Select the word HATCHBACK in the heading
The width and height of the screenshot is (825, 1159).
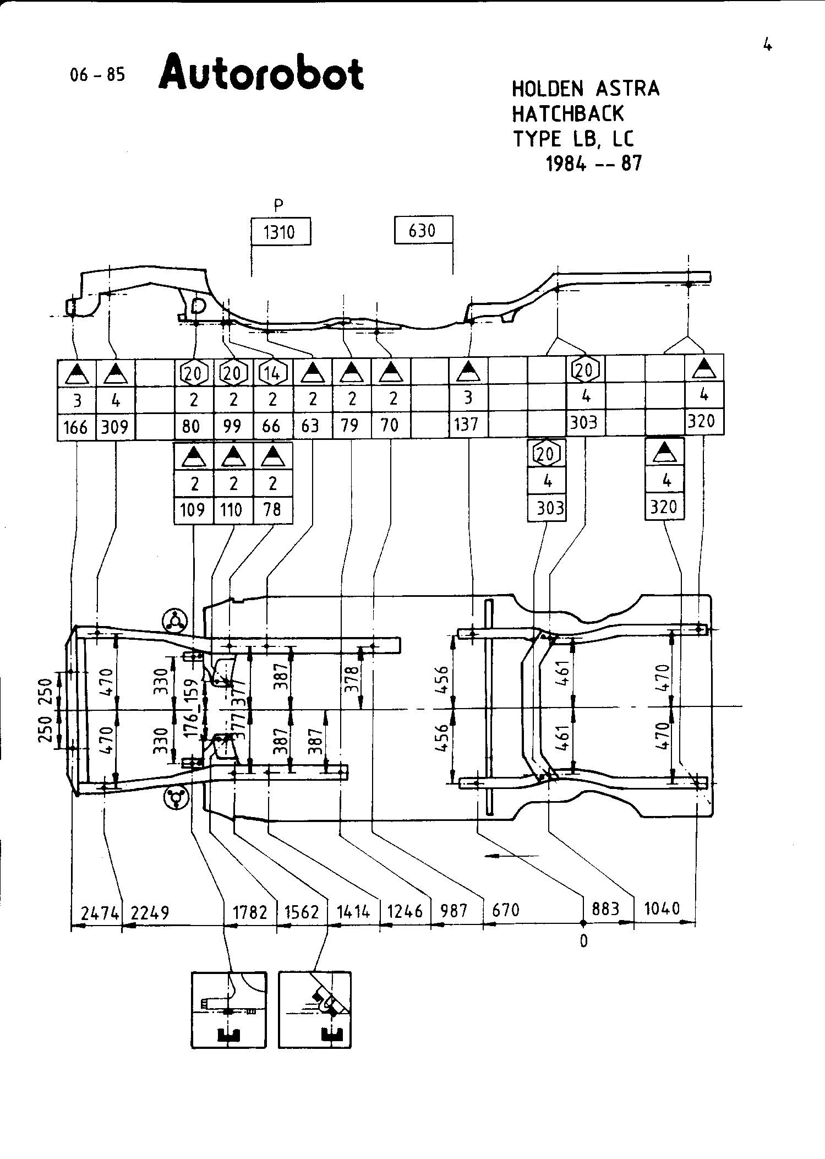(x=567, y=114)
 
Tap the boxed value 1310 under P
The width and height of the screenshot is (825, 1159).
(x=280, y=232)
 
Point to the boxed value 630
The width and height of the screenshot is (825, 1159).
(x=423, y=230)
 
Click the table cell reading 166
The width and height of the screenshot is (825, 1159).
(x=77, y=427)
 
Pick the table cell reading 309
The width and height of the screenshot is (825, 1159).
(x=115, y=427)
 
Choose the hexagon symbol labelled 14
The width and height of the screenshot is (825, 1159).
(x=272, y=373)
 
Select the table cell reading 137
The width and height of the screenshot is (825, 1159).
(x=468, y=425)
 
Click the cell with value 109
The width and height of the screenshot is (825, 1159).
(x=193, y=510)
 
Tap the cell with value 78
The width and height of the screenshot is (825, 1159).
(x=272, y=510)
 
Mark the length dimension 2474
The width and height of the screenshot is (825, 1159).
(x=99, y=913)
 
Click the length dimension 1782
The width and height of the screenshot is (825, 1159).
(x=250, y=912)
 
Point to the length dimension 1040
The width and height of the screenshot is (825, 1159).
(x=662, y=908)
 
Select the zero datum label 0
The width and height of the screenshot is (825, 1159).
(x=583, y=941)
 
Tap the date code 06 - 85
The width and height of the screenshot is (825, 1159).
(x=97, y=75)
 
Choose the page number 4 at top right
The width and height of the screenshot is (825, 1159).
(x=767, y=45)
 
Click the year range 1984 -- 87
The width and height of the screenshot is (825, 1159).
(x=594, y=164)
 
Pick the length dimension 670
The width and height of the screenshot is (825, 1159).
(x=505, y=910)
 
